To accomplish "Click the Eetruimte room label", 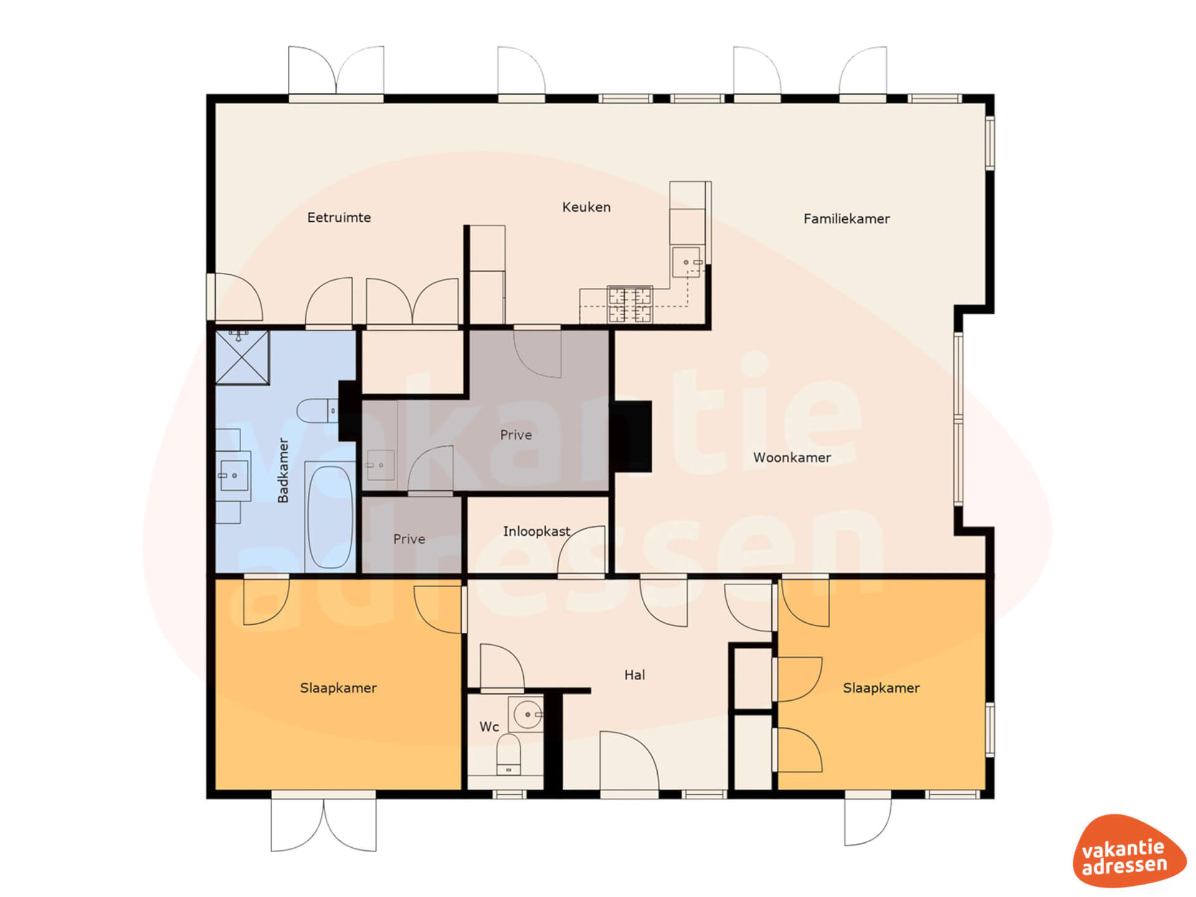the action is pyautogui.click(x=339, y=217).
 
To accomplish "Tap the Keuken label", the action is pyautogui.click(x=586, y=207).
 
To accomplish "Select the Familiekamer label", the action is pyautogui.click(x=847, y=219).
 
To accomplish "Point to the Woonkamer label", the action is pyautogui.click(x=792, y=457).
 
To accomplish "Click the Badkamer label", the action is pyautogui.click(x=283, y=470).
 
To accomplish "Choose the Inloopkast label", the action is pyautogui.click(x=536, y=531).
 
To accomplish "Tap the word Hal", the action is pyautogui.click(x=635, y=675).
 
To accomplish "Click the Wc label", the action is pyautogui.click(x=489, y=726).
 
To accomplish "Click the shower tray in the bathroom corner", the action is pyautogui.click(x=242, y=358).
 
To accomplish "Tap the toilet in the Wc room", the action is pyautogui.click(x=508, y=754).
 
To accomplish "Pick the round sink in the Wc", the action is pyautogui.click(x=526, y=714).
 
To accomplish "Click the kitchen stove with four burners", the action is pyautogui.click(x=630, y=305).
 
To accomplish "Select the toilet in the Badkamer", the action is pyautogui.click(x=318, y=411).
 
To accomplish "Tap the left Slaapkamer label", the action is pyautogui.click(x=338, y=688).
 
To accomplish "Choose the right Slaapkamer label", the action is pyautogui.click(x=881, y=688).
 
